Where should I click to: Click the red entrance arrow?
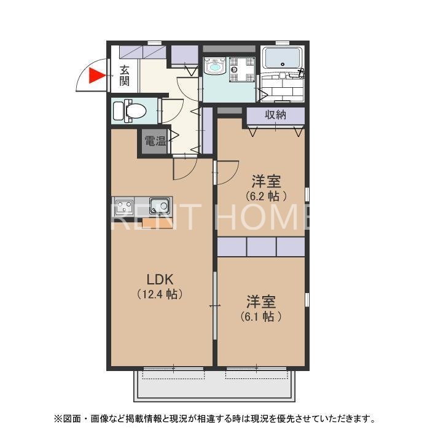96,76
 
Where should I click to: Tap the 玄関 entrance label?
125,76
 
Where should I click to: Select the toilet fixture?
130,111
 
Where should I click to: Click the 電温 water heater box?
155,141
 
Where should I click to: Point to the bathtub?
283,58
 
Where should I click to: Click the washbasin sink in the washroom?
215,66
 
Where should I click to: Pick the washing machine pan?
242,69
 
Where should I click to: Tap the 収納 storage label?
275,115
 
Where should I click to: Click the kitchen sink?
159,206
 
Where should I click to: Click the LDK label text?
160,279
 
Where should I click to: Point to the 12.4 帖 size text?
160,294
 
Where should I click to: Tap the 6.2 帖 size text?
266,196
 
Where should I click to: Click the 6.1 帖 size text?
261,316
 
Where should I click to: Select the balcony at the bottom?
214,386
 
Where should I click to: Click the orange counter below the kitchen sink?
157,223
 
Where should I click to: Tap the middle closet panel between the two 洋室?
261,247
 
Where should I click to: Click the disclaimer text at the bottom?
215,418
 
